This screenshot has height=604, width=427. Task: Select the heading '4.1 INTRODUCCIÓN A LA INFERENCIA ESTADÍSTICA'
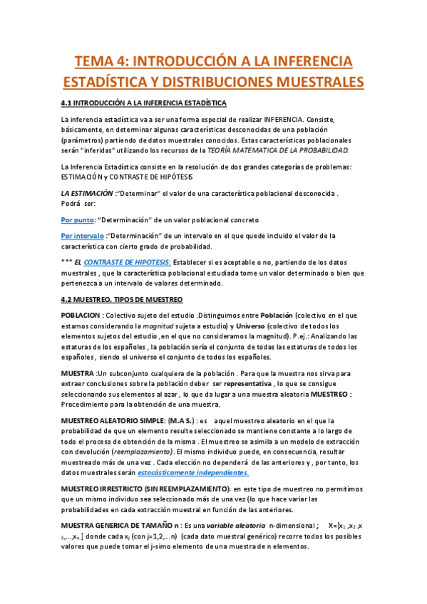point(144,103)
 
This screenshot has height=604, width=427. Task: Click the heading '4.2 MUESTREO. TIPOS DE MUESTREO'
point(122,299)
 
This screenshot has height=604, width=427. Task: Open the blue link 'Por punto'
point(78,219)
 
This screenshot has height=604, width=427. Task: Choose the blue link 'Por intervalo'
point(82,235)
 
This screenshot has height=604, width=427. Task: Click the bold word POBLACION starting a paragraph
point(81,315)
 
